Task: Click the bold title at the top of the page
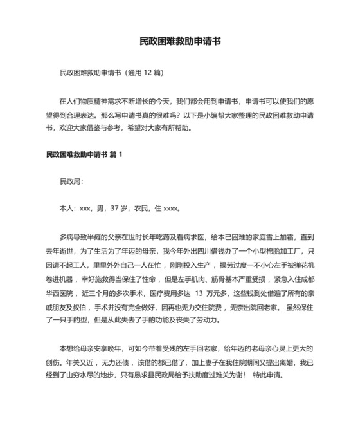(181, 41)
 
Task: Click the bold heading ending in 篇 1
(84, 154)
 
